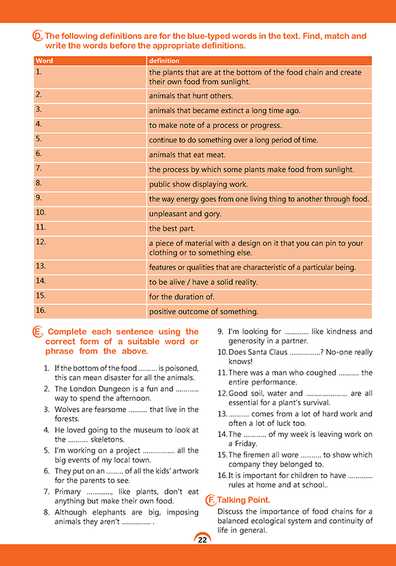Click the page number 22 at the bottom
click(202, 539)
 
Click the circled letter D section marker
click(37, 36)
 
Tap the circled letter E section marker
click(37, 332)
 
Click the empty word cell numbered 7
click(90, 169)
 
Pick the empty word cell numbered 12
click(90, 247)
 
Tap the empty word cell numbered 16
click(90, 310)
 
